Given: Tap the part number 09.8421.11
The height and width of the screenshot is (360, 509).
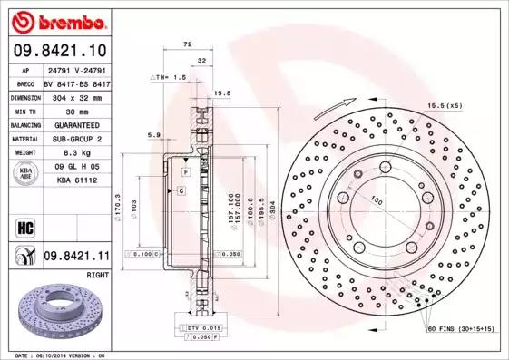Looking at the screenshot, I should (75, 258).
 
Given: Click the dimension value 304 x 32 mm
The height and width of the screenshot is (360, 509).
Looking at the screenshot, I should (74, 95).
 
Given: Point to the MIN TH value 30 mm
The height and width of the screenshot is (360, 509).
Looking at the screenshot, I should (74, 110).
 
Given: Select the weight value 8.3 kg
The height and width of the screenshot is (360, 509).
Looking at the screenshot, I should (74, 153).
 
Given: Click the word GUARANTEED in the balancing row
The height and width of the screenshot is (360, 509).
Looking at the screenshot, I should (74, 124).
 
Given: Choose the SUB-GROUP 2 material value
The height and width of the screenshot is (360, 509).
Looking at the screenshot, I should (74, 139).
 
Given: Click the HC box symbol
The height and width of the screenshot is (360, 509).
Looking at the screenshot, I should (23, 227).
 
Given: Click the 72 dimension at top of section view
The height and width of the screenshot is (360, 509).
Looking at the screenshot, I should (188, 44).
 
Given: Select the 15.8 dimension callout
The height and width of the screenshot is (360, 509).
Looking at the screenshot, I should (220, 93).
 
